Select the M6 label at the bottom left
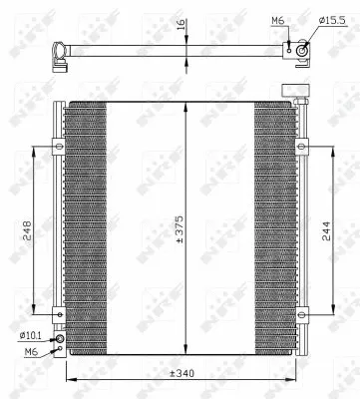click(30, 352)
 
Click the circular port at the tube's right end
click(301, 44)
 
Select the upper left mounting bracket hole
click(59, 147)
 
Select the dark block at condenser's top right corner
click(299, 92)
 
